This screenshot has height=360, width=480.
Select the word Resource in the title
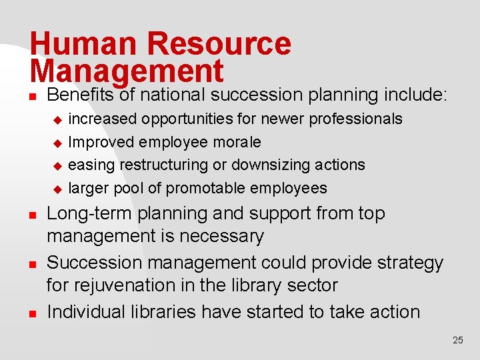tap(219, 44)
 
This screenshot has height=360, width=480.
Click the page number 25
tap(457, 340)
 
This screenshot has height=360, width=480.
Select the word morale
tap(238, 142)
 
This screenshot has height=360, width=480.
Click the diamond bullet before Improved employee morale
tap(57, 143)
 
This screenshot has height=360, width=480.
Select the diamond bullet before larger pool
tap(57, 189)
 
